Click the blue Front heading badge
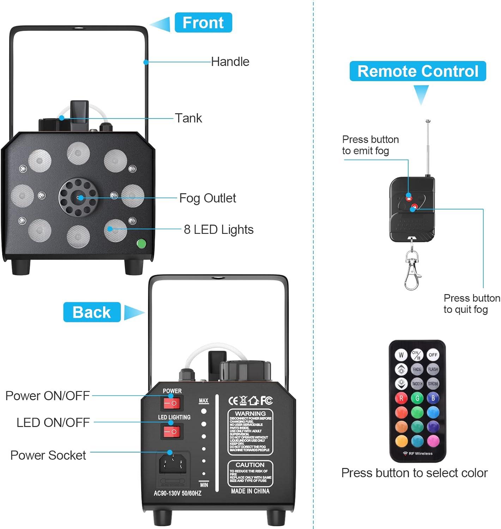(x=203, y=23)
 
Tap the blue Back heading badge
(x=92, y=312)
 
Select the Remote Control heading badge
(x=418, y=71)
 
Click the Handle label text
(x=230, y=62)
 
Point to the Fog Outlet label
(x=207, y=198)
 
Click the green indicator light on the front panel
(x=141, y=243)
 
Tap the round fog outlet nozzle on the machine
(x=78, y=197)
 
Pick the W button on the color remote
(x=401, y=355)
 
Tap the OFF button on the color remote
(x=433, y=355)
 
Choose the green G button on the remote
(x=417, y=398)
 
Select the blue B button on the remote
(x=433, y=398)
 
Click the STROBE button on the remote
(x=433, y=384)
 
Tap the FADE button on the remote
(x=417, y=369)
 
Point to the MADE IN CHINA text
(x=250, y=491)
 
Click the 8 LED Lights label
(x=218, y=230)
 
